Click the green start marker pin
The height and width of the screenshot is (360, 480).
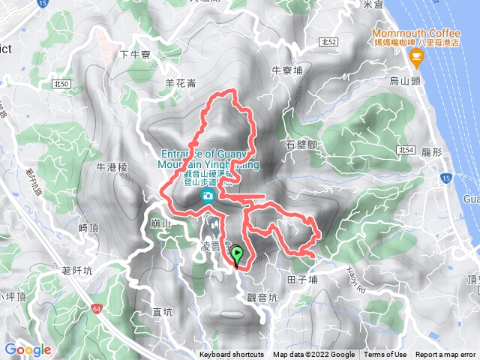click(237, 256)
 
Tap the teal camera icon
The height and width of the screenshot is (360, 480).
click(208, 196)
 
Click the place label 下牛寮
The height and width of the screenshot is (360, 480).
click(136, 54)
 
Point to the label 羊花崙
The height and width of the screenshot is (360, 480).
click(179, 84)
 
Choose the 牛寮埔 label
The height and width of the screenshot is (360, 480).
click(286, 71)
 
